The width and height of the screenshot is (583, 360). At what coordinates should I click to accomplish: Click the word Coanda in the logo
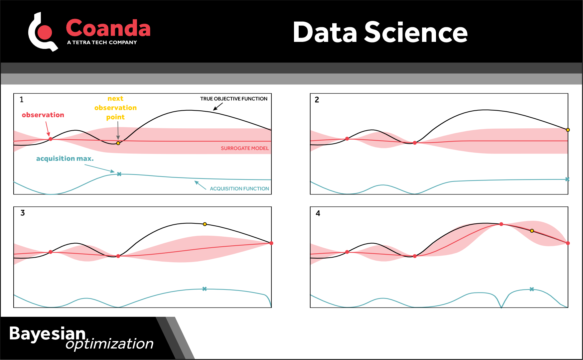[108, 28]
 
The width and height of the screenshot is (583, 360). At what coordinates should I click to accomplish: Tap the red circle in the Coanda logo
[45, 33]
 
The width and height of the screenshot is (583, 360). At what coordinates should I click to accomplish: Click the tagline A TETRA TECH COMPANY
[102, 43]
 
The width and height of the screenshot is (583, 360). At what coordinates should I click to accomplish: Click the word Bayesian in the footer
[47, 333]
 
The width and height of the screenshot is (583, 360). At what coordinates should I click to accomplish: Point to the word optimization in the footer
[109, 344]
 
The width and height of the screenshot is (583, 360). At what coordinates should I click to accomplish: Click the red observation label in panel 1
[43, 115]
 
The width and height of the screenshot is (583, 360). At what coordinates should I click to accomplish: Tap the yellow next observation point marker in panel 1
[118, 143]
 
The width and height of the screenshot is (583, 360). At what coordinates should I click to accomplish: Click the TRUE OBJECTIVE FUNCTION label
[233, 99]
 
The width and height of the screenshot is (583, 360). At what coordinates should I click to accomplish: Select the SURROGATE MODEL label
[244, 148]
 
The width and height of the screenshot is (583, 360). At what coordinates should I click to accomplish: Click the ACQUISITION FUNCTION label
[239, 188]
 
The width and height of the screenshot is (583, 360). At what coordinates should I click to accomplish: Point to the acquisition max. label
[65, 159]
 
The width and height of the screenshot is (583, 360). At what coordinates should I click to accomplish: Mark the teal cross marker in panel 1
[119, 174]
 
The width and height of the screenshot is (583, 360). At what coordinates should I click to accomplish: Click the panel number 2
[317, 100]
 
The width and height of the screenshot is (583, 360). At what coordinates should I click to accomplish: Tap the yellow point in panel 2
[568, 130]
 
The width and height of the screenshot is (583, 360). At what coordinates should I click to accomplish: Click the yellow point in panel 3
[205, 224]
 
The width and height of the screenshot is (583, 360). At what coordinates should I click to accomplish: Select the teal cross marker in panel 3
[205, 289]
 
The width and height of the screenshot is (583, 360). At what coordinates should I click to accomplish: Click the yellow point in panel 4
[532, 231]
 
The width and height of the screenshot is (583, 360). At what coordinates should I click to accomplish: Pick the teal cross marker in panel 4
[532, 289]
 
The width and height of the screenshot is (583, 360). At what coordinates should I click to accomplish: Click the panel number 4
[318, 213]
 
